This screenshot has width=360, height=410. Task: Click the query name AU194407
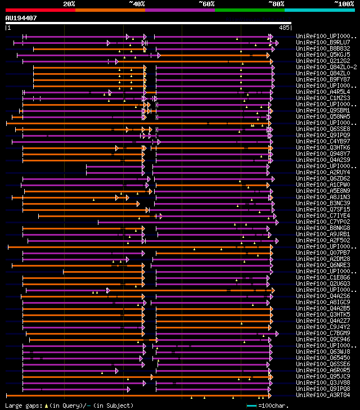coord(21,18)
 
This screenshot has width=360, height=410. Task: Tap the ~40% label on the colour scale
coord(137,4)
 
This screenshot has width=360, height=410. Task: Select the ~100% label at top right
coord(344,4)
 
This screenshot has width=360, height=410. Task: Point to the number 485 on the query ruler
coord(284,27)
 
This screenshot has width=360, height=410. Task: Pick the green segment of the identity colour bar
coord(249,10)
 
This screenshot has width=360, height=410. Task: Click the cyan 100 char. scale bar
coord(251,406)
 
